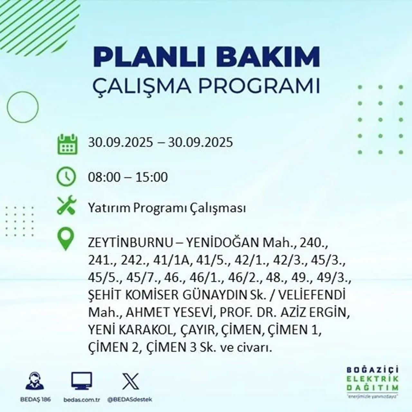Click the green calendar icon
[67, 144]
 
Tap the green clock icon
[66, 177]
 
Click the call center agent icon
[34, 381]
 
